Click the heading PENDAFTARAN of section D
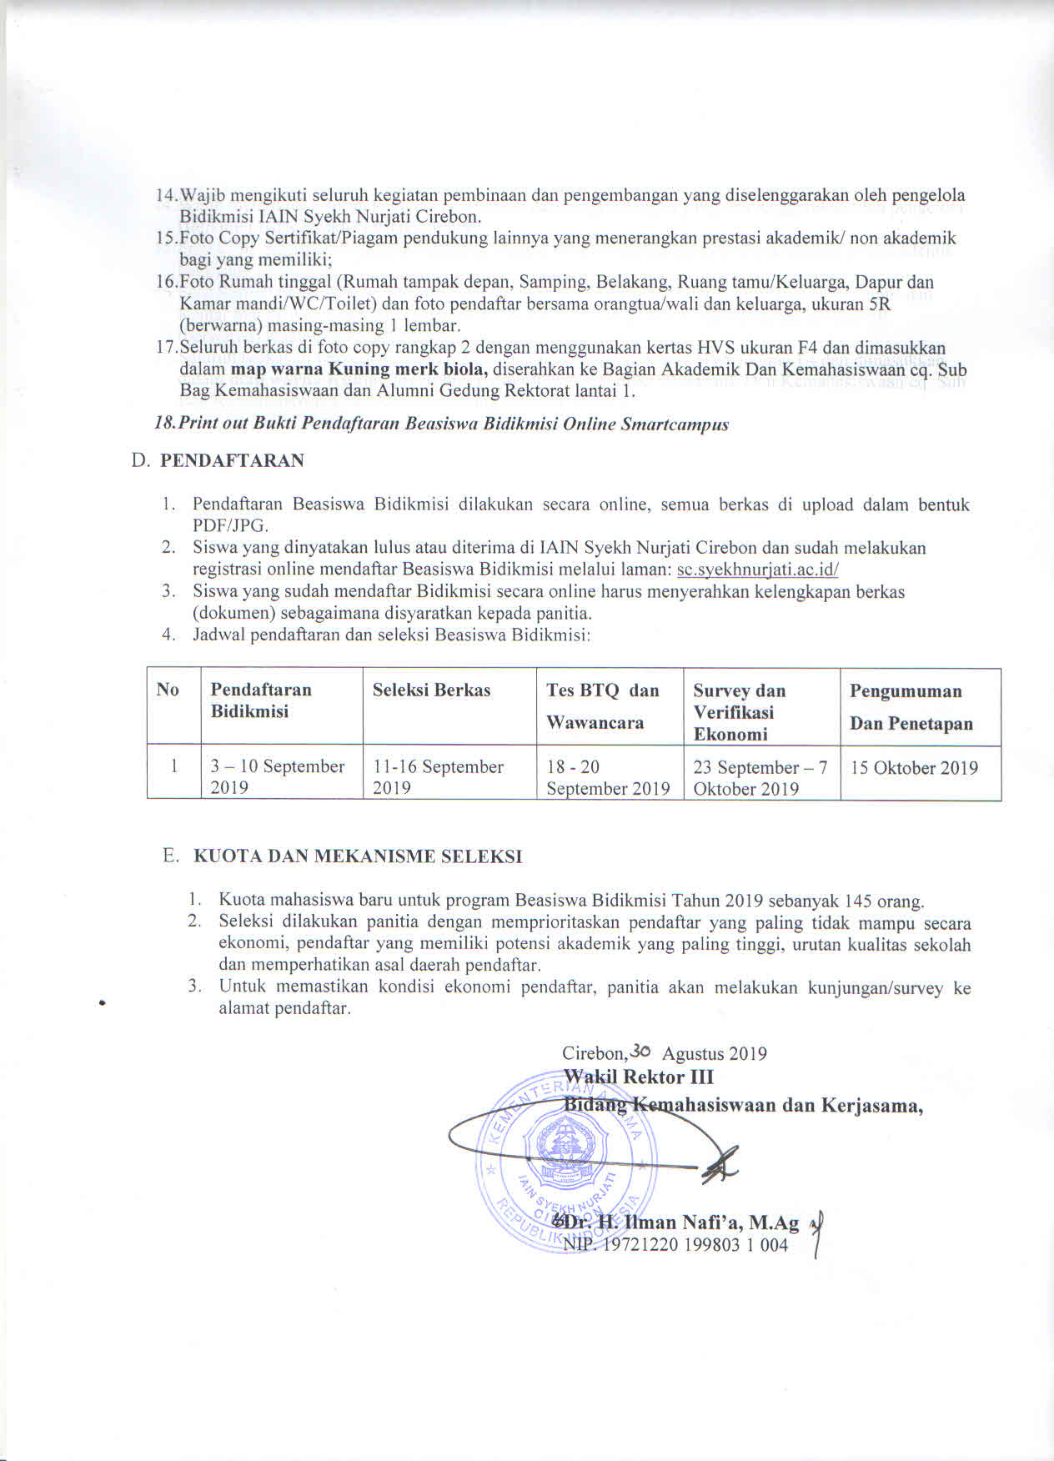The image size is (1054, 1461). (x=232, y=460)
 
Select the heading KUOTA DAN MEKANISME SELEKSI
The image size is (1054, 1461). (x=358, y=856)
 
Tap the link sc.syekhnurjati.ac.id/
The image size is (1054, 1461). (x=757, y=570)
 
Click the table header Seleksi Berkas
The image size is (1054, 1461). (x=431, y=690)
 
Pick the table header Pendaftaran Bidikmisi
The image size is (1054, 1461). (x=260, y=700)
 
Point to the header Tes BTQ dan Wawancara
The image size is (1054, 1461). (x=603, y=705)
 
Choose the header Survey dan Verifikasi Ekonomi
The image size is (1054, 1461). (x=739, y=712)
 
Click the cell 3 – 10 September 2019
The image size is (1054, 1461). (x=277, y=776)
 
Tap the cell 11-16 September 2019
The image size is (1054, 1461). (x=438, y=776)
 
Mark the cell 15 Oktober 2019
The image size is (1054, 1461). (x=914, y=768)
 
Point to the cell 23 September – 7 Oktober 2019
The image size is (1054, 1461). (x=760, y=777)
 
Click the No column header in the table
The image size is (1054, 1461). (x=168, y=689)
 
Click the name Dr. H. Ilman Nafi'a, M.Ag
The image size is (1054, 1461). (x=680, y=1223)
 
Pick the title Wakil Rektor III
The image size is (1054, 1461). (x=638, y=1077)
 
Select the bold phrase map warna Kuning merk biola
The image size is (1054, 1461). (x=359, y=369)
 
